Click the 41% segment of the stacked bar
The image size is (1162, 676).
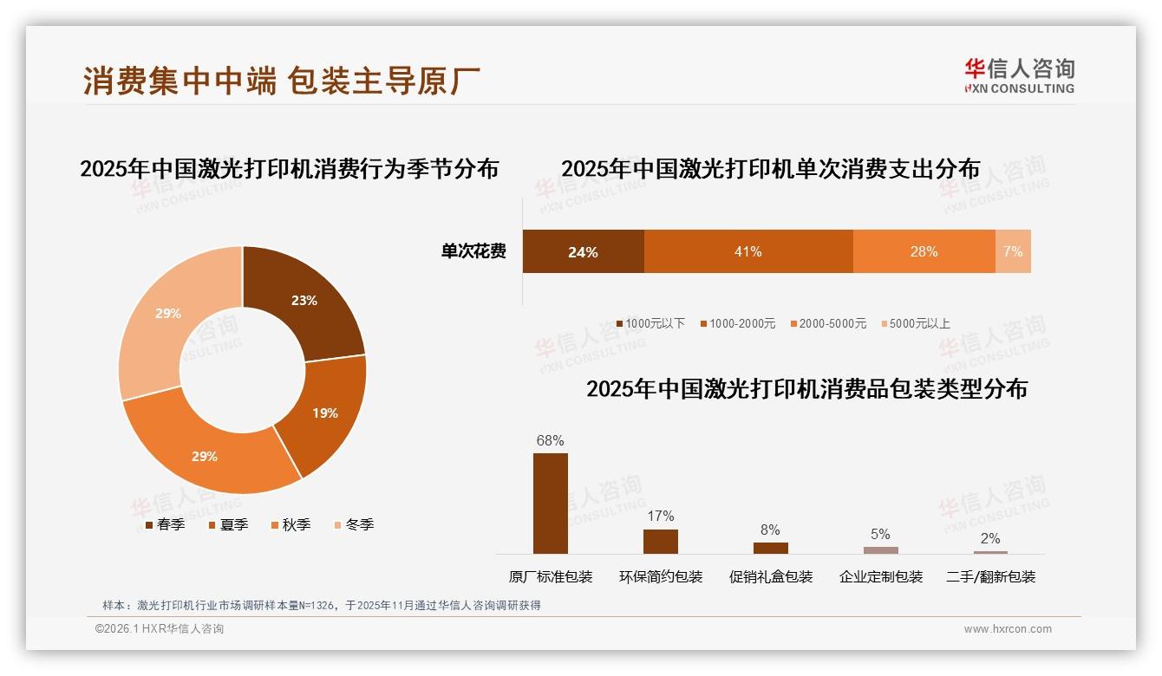point(747,251)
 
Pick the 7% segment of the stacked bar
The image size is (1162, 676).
point(1013,251)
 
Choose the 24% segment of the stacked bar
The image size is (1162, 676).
point(583,251)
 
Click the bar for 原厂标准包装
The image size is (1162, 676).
point(550,503)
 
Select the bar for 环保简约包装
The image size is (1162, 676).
point(660,541)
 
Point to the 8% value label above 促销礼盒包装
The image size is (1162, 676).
point(770,530)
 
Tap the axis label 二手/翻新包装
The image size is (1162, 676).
point(990,576)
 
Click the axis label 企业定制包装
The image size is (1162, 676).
point(880,576)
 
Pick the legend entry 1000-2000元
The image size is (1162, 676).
point(739,323)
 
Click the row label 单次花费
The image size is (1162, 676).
point(473,251)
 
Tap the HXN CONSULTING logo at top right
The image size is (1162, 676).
point(1019,75)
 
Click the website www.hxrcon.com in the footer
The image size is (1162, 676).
point(1008,629)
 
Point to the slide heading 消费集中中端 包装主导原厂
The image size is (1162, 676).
point(282,81)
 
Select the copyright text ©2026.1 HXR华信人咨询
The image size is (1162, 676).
point(160,629)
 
